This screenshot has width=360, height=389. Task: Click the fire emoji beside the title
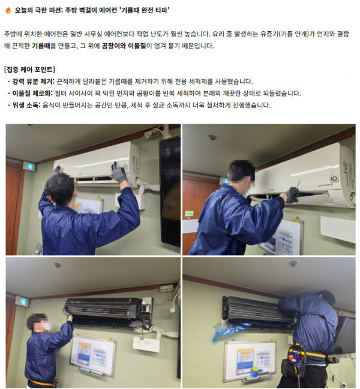pyautogui.click(x=8, y=10)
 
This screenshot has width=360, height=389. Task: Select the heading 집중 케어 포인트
pyautogui.click(x=29, y=70)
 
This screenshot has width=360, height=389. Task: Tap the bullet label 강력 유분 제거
pyautogui.click(x=33, y=82)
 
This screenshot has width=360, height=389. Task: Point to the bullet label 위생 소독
pyautogui.click(x=26, y=105)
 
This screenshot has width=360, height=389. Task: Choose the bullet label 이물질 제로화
pyautogui.click(x=32, y=93)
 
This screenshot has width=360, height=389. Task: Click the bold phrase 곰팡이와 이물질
pyautogui.click(x=124, y=46)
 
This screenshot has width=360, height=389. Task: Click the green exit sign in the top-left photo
pyautogui.click(x=29, y=166)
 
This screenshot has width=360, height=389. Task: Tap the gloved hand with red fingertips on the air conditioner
pyautogui.click(x=119, y=172)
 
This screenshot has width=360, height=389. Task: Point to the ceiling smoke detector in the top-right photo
pyautogui.click(x=212, y=137)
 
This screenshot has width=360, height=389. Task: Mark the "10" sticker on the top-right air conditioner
pyautogui.click(x=334, y=178)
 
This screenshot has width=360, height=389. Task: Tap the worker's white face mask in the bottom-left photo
pyautogui.click(x=47, y=325)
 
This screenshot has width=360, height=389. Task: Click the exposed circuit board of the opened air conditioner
pyautogui.click(x=146, y=307)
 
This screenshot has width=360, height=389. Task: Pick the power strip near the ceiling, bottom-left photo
pyautogui.click(x=166, y=288)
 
